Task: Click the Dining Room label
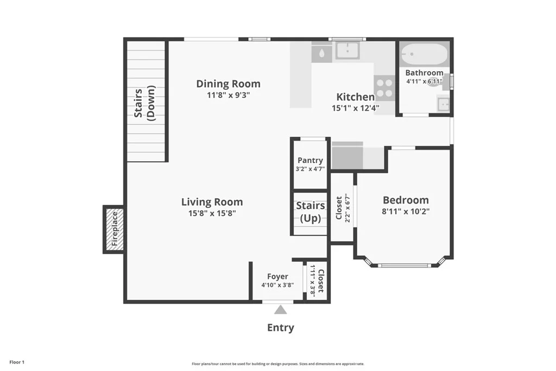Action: point(229,84)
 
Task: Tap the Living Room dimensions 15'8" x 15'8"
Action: point(212,213)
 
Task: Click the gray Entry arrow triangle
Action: point(281,310)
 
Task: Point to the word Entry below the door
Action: point(281,328)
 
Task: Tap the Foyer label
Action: point(277,276)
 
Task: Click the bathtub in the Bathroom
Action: point(425,54)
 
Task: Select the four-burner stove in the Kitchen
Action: point(384,88)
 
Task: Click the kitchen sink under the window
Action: point(348,51)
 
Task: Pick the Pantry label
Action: point(310,160)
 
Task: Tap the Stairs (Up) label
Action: point(311,212)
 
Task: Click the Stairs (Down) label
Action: point(144,103)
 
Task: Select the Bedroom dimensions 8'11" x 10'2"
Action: point(406,211)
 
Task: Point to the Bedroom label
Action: point(406,200)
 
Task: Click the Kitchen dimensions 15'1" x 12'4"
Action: point(356,108)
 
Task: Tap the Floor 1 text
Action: point(17,362)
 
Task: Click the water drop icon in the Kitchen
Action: point(321,54)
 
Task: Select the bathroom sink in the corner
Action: point(444,104)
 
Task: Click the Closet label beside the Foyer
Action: point(320,281)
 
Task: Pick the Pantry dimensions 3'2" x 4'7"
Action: point(310,169)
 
